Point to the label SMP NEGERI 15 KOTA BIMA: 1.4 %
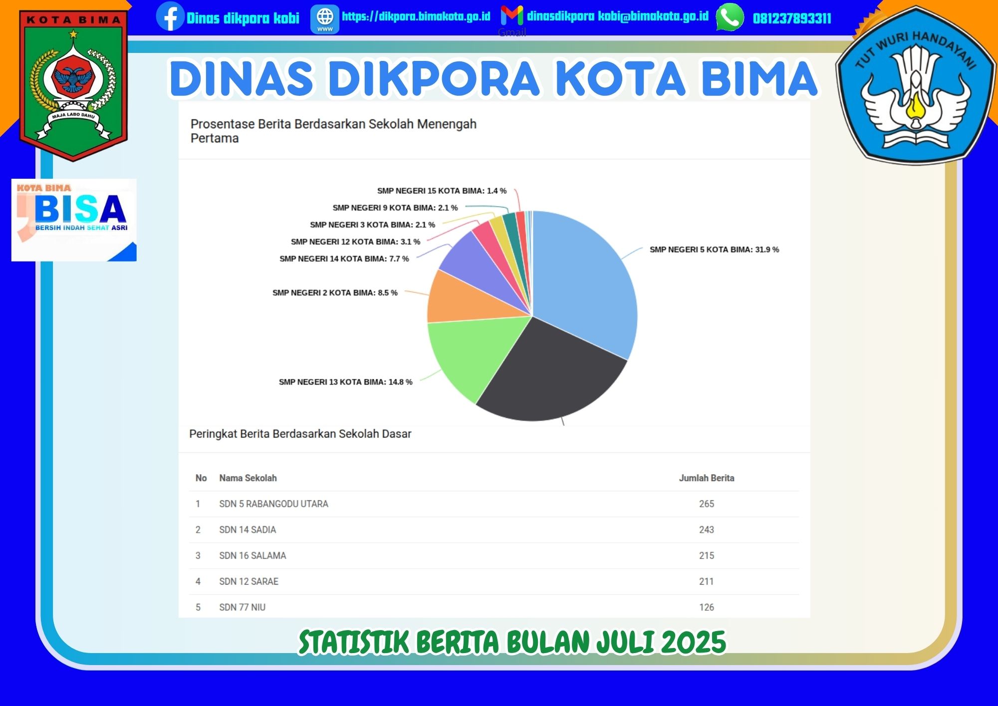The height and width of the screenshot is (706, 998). click(442, 191)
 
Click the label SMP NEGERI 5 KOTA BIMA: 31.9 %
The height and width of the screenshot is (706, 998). click(714, 250)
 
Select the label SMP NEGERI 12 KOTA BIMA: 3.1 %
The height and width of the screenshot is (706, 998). click(355, 242)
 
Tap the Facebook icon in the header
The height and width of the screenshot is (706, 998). click(170, 16)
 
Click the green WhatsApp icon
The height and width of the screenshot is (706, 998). click(730, 17)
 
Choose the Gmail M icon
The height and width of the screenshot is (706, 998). click(512, 15)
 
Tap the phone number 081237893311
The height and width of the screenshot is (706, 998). click(792, 18)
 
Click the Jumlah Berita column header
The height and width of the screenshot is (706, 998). click(707, 478)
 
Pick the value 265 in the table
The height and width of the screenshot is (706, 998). click(707, 504)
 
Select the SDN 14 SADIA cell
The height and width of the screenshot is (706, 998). click(248, 530)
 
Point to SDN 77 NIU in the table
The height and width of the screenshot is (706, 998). click(243, 607)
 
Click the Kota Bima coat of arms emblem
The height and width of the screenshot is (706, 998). click(73, 85)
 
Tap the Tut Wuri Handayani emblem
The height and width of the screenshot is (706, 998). click(916, 85)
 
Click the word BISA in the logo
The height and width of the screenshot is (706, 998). click(80, 209)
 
